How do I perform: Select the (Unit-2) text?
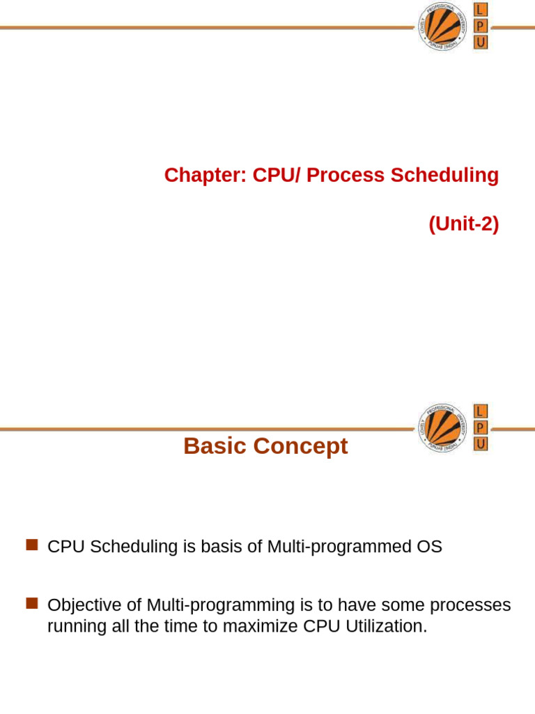[x=464, y=225]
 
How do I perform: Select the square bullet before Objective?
[x=31, y=604]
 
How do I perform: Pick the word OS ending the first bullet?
[x=430, y=547]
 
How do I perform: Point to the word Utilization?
[x=388, y=626]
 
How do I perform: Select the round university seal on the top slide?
[x=443, y=26]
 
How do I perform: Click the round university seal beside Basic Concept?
[x=443, y=427]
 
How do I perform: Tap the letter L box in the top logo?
[x=481, y=10]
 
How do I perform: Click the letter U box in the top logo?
[x=481, y=43]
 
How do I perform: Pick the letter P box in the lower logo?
[x=481, y=427]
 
